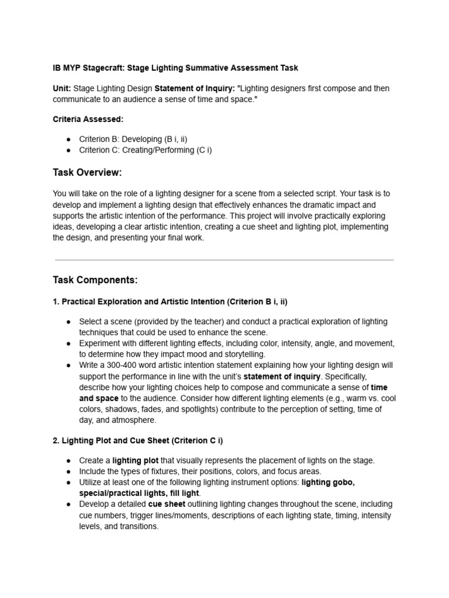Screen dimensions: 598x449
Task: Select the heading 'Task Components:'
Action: pyautogui.click(x=95, y=280)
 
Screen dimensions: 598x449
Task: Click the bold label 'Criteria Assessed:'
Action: pyautogui.click(x=88, y=119)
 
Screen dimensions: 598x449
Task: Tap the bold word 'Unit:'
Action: pyautogui.click(x=62, y=88)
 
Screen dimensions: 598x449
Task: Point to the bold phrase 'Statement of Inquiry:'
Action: pyautogui.click(x=194, y=88)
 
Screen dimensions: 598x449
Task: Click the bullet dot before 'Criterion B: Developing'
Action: pyautogui.click(x=68, y=139)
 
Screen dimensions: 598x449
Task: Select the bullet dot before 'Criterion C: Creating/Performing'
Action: pyautogui.click(x=68, y=150)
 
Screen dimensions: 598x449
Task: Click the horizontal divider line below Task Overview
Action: pyautogui.click(x=224, y=260)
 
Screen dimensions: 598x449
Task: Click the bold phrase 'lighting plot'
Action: pyautogui.click(x=134, y=460)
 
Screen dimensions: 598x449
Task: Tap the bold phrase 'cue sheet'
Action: pyautogui.click(x=167, y=504)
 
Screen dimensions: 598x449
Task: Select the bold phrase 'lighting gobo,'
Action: pyautogui.click(x=328, y=482)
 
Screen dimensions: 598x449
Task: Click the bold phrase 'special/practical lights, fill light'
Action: pyautogui.click(x=139, y=493)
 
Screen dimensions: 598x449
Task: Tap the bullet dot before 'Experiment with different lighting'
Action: pyautogui.click(x=68, y=343)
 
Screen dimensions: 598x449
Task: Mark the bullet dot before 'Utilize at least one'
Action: pyautogui.click(x=68, y=482)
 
